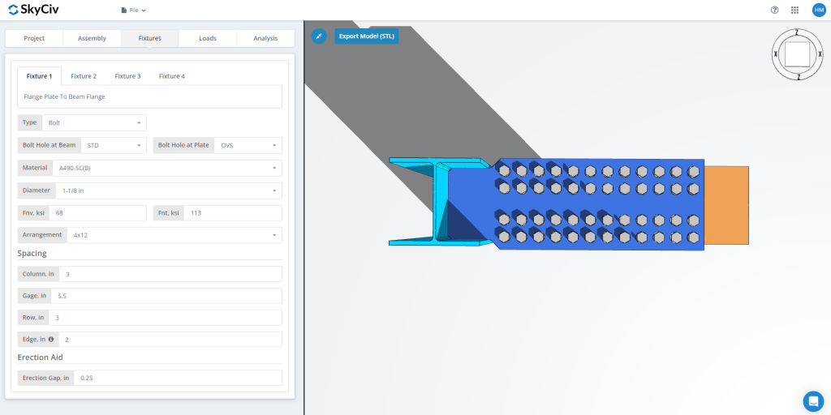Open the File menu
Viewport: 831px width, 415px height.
click(x=133, y=11)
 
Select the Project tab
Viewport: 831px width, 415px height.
click(x=34, y=38)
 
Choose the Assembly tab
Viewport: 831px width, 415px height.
click(x=92, y=38)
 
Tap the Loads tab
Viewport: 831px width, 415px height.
click(x=208, y=38)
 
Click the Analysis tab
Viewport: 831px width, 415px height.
click(x=265, y=38)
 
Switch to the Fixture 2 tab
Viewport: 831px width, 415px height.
click(x=84, y=76)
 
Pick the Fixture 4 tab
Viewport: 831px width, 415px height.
click(x=171, y=76)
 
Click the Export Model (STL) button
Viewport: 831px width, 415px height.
click(x=366, y=36)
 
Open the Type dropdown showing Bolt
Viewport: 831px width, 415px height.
click(x=93, y=122)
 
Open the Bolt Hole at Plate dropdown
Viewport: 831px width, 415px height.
click(x=248, y=145)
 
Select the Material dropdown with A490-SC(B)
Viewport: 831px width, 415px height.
click(x=166, y=168)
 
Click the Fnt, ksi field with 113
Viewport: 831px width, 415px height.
click(x=232, y=213)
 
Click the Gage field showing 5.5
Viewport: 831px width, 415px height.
click(x=166, y=296)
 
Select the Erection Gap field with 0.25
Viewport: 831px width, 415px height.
click(x=177, y=378)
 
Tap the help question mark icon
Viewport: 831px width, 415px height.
click(x=774, y=11)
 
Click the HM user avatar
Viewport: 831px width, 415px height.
click(x=818, y=11)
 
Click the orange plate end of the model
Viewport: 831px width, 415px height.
click(x=726, y=204)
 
